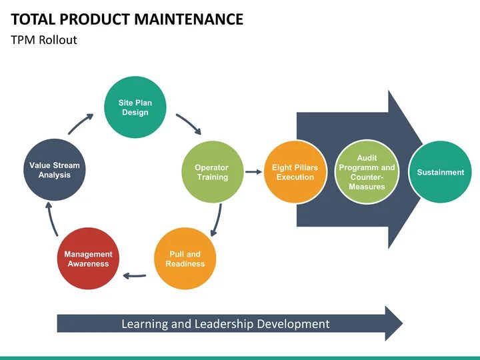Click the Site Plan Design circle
point(135,107)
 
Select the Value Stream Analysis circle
point(54,170)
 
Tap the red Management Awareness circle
point(87,259)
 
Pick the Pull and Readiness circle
point(185,259)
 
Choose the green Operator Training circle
point(212,172)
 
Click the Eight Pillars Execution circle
point(295,172)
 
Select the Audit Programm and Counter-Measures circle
point(367,172)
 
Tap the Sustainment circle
point(440,172)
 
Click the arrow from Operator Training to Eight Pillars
point(253,172)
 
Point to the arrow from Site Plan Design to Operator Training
point(189,124)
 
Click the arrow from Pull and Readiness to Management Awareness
point(136,274)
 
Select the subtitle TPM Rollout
point(44,40)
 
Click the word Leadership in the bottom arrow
point(225,324)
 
